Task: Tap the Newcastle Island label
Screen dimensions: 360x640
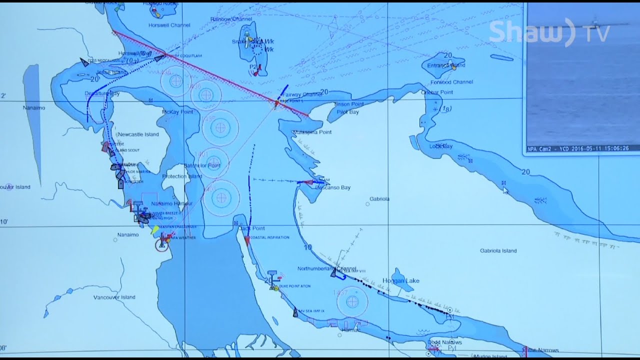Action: pos(137,134)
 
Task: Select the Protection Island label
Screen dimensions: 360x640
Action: pos(182,176)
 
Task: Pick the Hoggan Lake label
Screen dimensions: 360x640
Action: pos(400,281)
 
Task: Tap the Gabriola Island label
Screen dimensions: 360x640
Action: pos(498,251)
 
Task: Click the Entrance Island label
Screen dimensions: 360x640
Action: pos(446,65)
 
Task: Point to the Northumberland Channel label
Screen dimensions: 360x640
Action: pos(327,268)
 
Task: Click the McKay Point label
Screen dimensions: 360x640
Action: pos(177,112)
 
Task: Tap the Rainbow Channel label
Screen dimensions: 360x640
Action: pos(231,19)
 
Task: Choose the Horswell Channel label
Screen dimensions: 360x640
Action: pos(169,25)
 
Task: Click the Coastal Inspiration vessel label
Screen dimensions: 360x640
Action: pos(269,237)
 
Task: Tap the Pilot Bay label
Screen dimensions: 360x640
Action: pos(347,112)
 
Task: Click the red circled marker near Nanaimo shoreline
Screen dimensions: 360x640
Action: pos(161,245)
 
